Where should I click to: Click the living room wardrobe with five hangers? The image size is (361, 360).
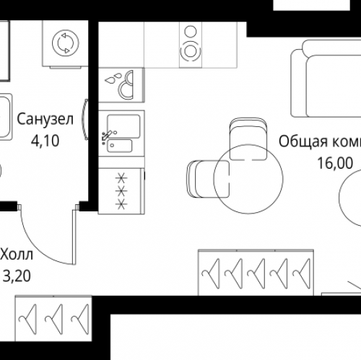pyautogui.click(x=256, y=271)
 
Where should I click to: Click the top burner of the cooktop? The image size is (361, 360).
pyautogui.click(x=192, y=32)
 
